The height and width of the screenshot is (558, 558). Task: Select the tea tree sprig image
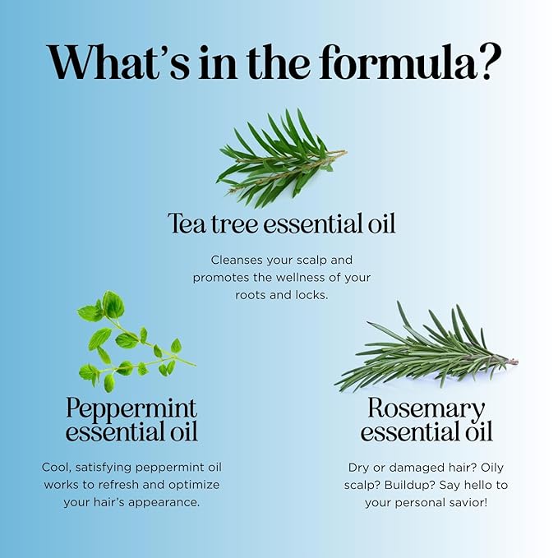tap(281, 159)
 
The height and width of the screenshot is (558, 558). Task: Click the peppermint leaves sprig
tap(136, 342)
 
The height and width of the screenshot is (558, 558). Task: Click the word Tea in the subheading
tap(187, 224)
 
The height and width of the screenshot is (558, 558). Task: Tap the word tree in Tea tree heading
tap(235, 224)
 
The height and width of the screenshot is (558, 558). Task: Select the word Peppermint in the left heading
tap(131, 408)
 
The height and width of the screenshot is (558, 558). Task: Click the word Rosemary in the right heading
tap(427, 408)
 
